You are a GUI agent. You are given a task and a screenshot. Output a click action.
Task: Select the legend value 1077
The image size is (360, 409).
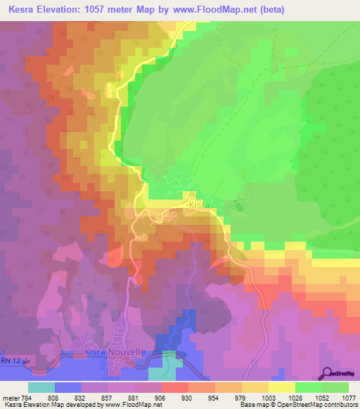click(x=349, y=397)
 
